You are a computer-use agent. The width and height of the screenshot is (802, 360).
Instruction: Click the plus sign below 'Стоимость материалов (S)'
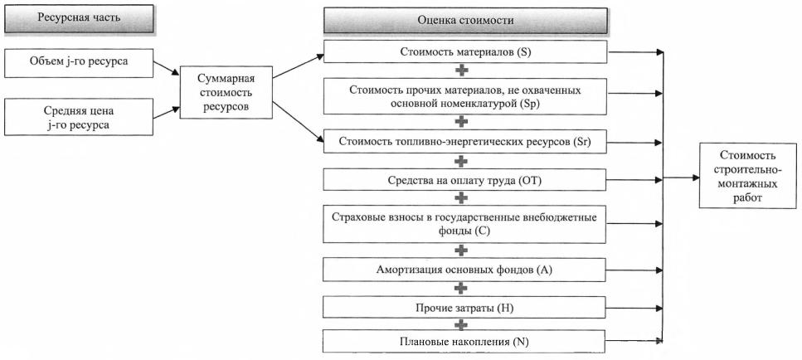(x=462, y=71)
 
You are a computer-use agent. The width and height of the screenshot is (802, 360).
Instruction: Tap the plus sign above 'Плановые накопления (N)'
(x=462, y=324)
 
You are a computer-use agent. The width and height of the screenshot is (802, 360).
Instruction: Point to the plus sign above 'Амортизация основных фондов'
(x=462, y=250)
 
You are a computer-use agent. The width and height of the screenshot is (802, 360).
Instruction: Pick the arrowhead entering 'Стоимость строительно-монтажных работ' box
(x=693, y=177)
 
